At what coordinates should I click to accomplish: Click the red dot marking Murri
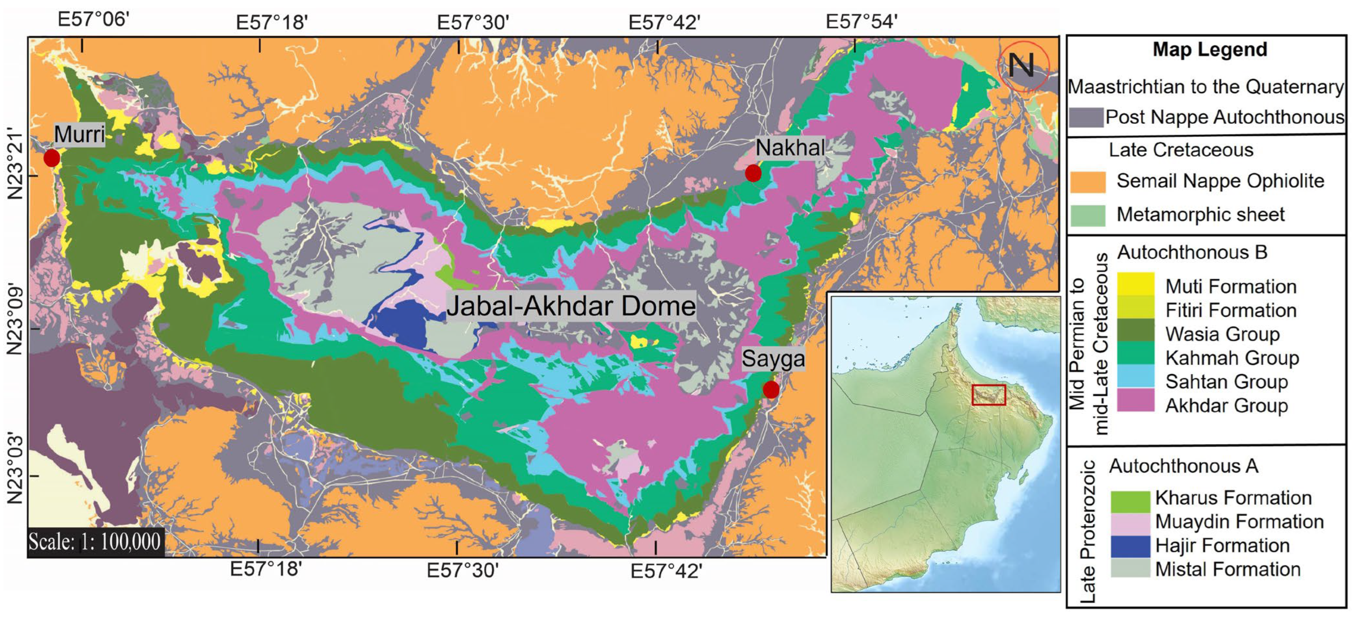tap(52, 157)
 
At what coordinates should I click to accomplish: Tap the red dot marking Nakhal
tap(753, 172)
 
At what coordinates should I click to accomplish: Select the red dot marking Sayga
tap(771, 390)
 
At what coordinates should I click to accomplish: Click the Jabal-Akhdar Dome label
tap(571, 305)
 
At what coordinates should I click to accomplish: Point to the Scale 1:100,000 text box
tap(95, 542)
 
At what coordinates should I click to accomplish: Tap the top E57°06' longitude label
tap(93, 19)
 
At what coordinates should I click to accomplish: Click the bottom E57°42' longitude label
tap(666, 571)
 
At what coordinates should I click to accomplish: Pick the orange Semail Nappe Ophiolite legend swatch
tap(1088, 182)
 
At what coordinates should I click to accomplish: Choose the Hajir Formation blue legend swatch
tap(1130, 546)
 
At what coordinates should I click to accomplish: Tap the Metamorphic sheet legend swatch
tap(1088, 215)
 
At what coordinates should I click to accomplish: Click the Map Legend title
tap(1209, 49)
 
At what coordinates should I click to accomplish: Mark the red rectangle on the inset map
tap(988, 394)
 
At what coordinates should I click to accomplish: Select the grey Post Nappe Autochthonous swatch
tap(1086, 117)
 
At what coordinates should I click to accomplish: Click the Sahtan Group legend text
tap(1226, 381)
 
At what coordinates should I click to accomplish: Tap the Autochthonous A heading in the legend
tap(1183, 466)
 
